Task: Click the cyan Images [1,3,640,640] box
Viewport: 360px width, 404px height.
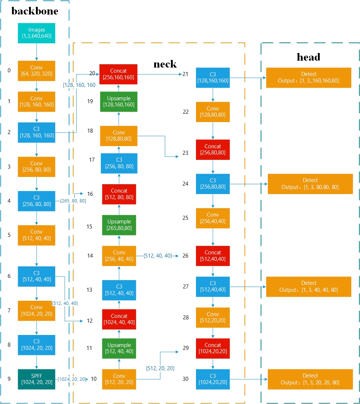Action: [x=36, y=33]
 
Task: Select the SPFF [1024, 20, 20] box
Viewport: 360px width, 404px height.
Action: [x=36, y=379]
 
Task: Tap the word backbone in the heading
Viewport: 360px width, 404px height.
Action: [x=34, y=11]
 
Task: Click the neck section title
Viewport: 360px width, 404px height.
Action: [x=165, y=64]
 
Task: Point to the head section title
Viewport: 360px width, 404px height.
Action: [x=308, y=57]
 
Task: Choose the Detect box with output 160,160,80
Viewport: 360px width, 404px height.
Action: [x=308, y=77]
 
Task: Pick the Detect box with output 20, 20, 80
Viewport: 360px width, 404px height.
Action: [x=310, y=379]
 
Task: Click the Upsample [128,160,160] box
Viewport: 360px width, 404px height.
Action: [x=119, y=102]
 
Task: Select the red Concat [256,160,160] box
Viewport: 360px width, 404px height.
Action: [x=119, y=74]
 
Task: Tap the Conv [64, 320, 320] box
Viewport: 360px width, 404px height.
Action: [x=36, y=70]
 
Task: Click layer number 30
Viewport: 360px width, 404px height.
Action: [x=185, y=379]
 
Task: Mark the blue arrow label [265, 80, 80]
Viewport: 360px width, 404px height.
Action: [x=73, y=201]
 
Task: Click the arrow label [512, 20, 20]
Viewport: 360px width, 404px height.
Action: [x=160, y=368]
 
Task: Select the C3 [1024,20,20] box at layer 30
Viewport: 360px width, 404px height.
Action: [x=213, y=379]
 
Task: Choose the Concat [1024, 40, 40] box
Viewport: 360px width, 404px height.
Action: [x=119, y=319]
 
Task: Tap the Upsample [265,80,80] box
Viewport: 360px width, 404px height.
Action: [x=119, y=225]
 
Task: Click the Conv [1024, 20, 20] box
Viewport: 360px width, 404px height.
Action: [x=36, y=311]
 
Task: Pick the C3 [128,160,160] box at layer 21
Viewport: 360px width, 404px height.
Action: [x=213, y=77]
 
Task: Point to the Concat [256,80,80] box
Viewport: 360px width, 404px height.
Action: [x=213, y=150]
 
